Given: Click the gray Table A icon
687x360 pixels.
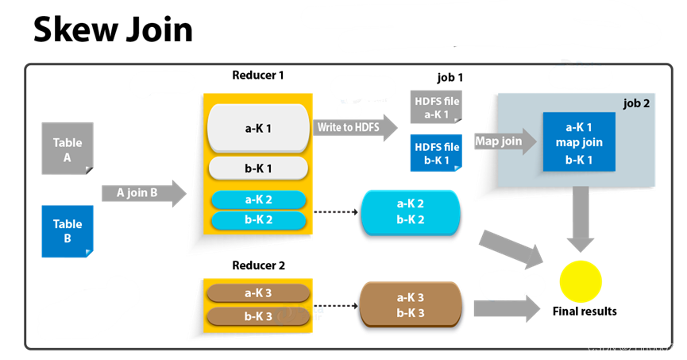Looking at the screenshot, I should click(x=68, y=149).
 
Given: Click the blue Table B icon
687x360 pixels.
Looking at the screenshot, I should click(x=68, y=231).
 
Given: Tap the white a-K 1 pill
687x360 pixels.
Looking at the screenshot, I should click(x=258, y=127).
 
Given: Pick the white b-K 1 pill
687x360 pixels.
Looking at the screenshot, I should click(x=258, y=168).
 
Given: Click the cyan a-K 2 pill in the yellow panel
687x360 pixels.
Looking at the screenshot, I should click(x=258, y=199).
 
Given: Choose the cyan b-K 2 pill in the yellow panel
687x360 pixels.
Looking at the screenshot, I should click(x=258, y=219).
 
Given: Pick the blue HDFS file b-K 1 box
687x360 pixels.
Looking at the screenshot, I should click(x=436, y=153).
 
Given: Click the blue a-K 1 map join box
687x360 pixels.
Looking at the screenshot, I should click(x=579, y=142).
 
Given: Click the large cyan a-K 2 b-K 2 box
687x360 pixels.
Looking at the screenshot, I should click(x=410, y=212).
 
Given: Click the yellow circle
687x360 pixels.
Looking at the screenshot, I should click(x=581, y=281).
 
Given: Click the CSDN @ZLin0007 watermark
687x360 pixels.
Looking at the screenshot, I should click(x=630, y=347).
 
